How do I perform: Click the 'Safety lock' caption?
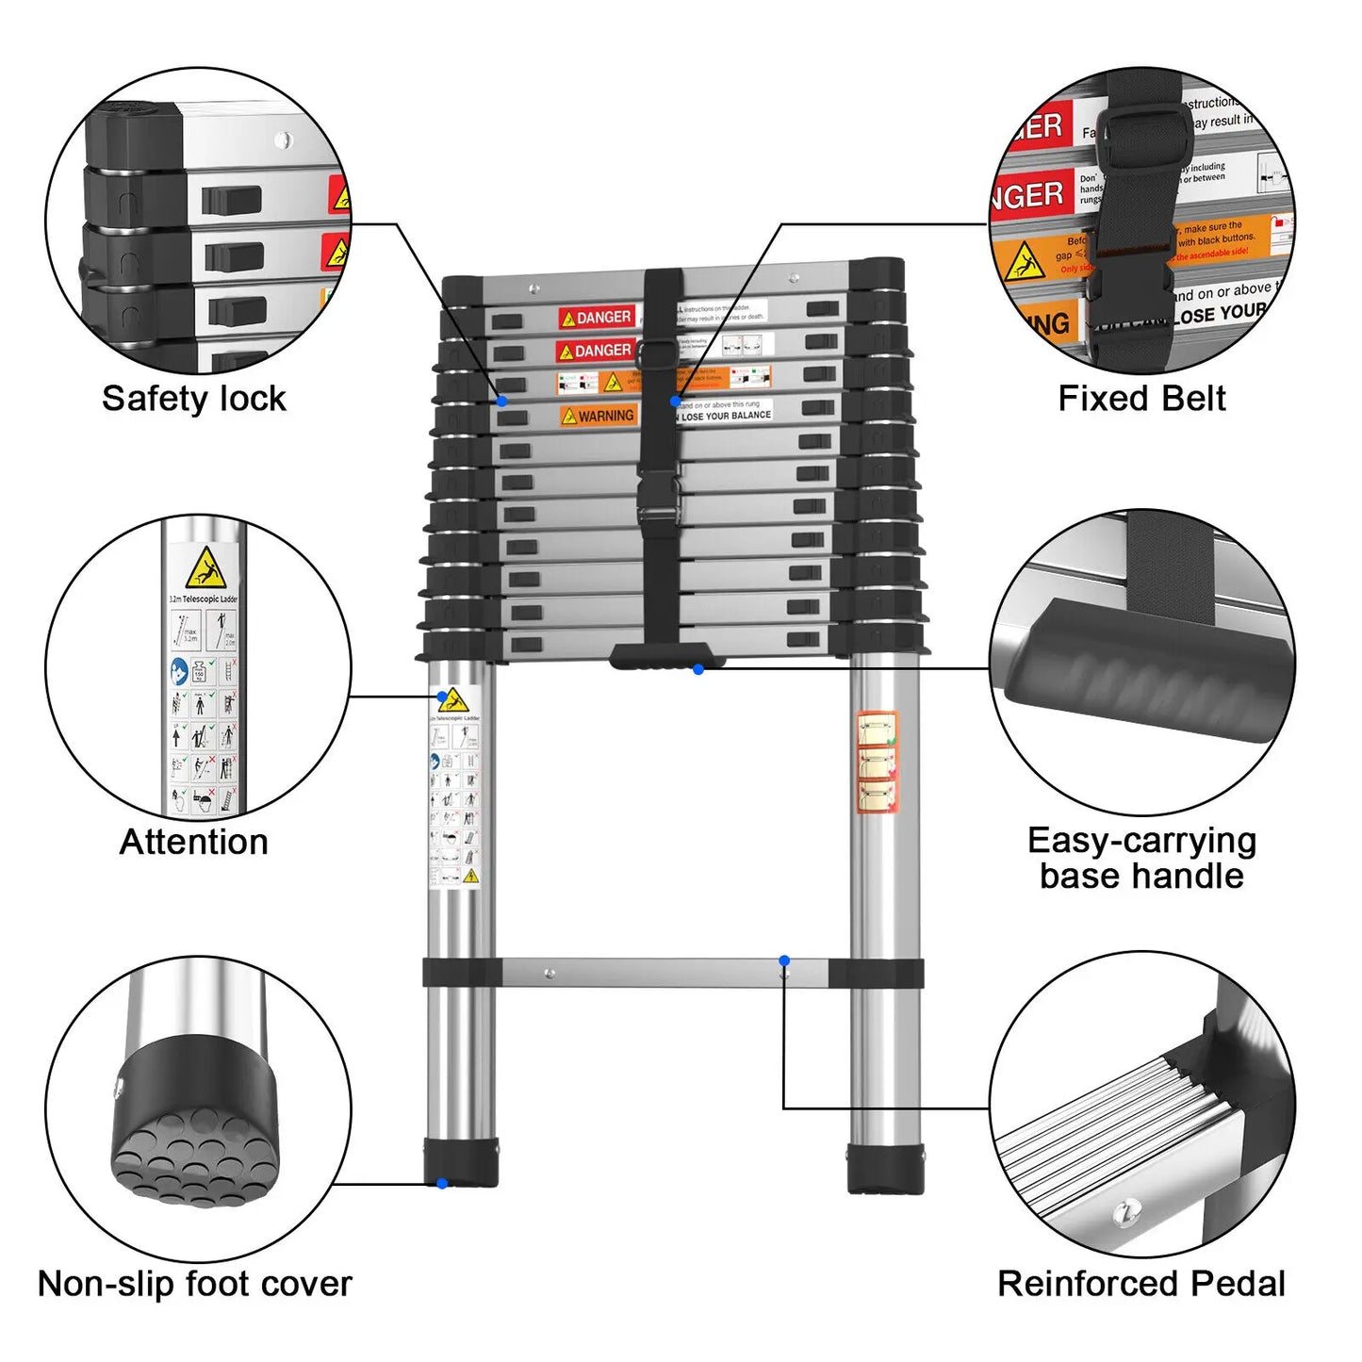coord(193,399)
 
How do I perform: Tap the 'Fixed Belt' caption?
coord(1141,399)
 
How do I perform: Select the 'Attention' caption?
coord(194,842)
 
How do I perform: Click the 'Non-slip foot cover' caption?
coord(194,1284)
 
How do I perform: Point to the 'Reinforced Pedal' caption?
coord(1141,1284)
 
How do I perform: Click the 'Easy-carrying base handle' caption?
coord(1141,859)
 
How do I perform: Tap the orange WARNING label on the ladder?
coord(598,416)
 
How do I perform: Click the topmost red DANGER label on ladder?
coord(597,318)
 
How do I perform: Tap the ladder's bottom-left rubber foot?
coord(461,1162)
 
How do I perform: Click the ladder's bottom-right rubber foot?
coord(885,1169)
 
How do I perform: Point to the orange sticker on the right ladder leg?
coord(877,763)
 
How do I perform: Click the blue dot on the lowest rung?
coord(784,961)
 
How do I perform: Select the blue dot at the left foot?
coord(442,1184)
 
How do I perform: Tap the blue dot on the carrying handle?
coord(698,669)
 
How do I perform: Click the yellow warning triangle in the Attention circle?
coord(205,568)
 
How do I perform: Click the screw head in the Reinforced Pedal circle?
coord(1123,1213)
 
